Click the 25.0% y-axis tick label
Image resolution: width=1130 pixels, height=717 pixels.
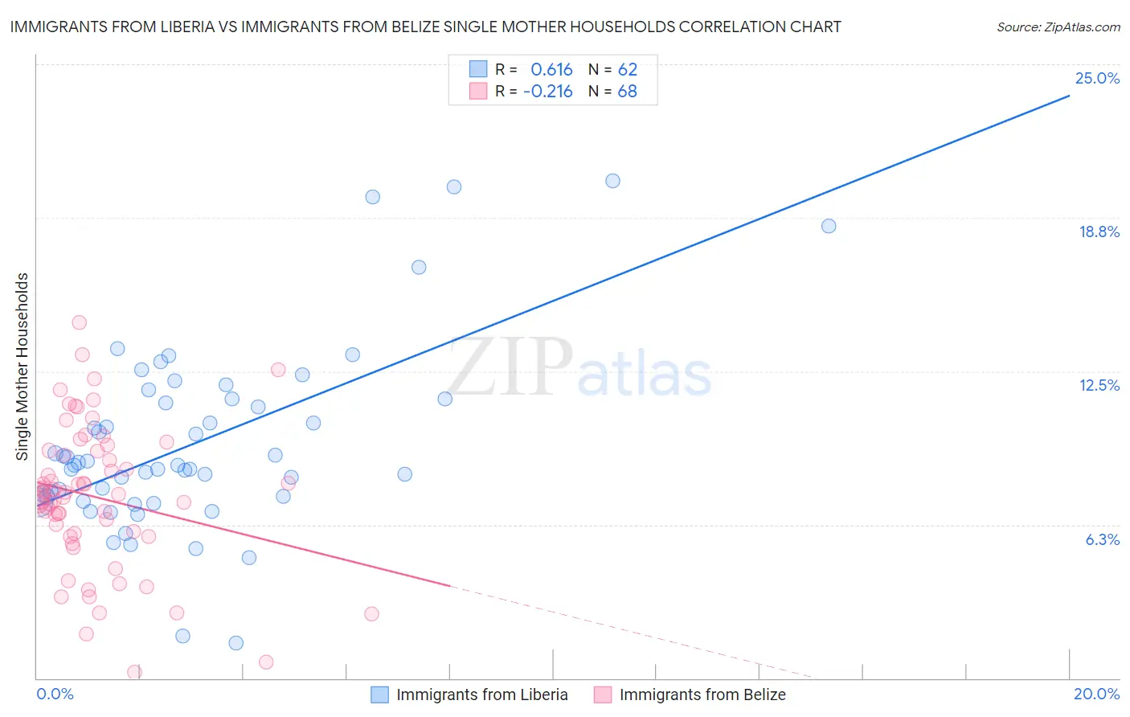tap(1097, 78)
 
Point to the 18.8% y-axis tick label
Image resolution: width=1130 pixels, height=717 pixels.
tap(1099, 231)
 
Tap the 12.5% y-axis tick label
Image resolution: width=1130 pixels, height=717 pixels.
tap(1099, 385)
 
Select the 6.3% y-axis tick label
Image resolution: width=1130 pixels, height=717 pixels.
tap(1102, 539)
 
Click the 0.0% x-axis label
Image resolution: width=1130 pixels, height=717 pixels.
tap(55, 694)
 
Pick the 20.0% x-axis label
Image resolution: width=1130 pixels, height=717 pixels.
tap(1096, 694)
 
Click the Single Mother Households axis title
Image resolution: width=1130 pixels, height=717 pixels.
tap(23, 367)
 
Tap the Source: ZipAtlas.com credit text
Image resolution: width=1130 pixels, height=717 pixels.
tap(1058, 27)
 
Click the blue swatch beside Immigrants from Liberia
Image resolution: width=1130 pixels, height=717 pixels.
tap(379, 694)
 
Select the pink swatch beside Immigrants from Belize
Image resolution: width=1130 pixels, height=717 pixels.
tap(603, 694)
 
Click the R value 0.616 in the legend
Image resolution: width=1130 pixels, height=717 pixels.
tap(551, 69)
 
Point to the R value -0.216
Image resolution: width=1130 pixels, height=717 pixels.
tap(547, 92)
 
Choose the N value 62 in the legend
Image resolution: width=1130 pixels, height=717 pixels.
tap(627, 69)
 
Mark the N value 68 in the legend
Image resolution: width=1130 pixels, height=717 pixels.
tap(627, 92)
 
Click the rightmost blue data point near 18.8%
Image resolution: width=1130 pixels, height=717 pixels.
tap(829, 226)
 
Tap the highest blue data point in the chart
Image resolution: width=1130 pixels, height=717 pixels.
tap(612, 181)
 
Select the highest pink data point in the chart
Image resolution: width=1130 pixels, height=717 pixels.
tap(79, 322)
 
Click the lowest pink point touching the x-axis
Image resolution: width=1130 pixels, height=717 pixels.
tap(134, 672)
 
